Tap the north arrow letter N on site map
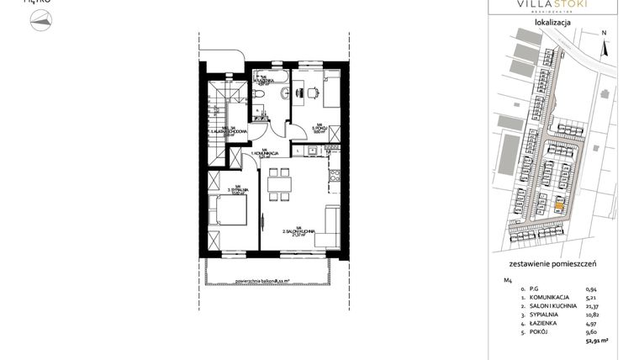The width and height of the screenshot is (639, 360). pyautogui.click(x=604, y=34)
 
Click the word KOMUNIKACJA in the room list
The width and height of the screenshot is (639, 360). pyautogui.click(x=546, y=298)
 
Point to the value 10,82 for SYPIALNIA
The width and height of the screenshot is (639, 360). pyautogui.click(x=590, y=318)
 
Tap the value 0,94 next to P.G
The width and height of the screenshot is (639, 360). pyautogui.click(x=592, y=289)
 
